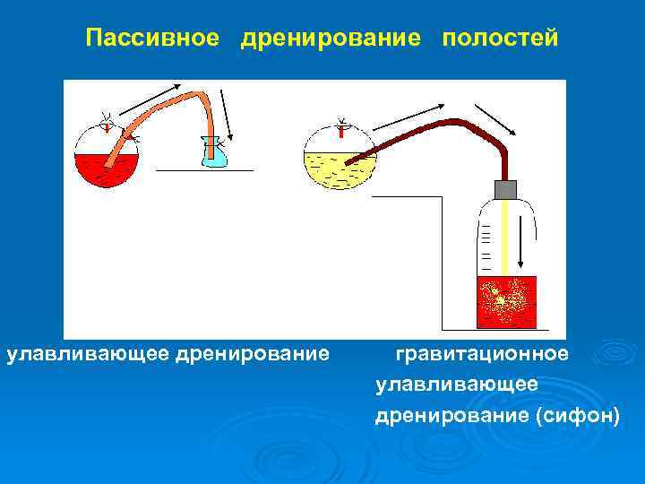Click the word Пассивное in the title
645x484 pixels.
[152, 39]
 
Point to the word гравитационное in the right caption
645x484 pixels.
[481, 354]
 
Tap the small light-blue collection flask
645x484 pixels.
[214, 158]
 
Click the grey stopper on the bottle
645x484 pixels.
[506, 189]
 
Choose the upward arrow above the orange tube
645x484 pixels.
[147, 98]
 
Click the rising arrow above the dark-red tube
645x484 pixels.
[403, 117]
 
